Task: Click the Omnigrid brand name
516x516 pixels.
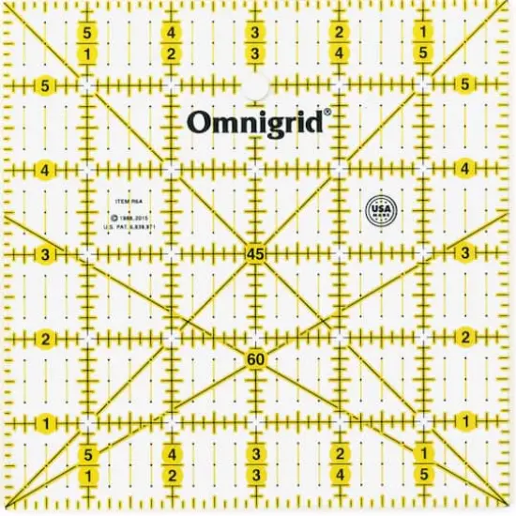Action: tap(255, 123)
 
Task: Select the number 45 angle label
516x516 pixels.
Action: tap(255, 253)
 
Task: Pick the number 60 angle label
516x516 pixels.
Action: tap(255, 359)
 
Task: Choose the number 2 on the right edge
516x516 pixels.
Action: tap(464, 337)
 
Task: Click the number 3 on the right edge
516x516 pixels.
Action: tap(464, 253)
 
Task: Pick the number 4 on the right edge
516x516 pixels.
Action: tap(464, 169)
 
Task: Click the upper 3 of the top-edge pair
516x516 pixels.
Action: tap(255, 34)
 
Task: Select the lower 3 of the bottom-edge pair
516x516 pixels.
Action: tap(255, 477)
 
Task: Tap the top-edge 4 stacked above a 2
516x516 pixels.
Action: tap(172, 34)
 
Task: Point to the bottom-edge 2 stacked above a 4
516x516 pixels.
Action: tap(339, 455)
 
